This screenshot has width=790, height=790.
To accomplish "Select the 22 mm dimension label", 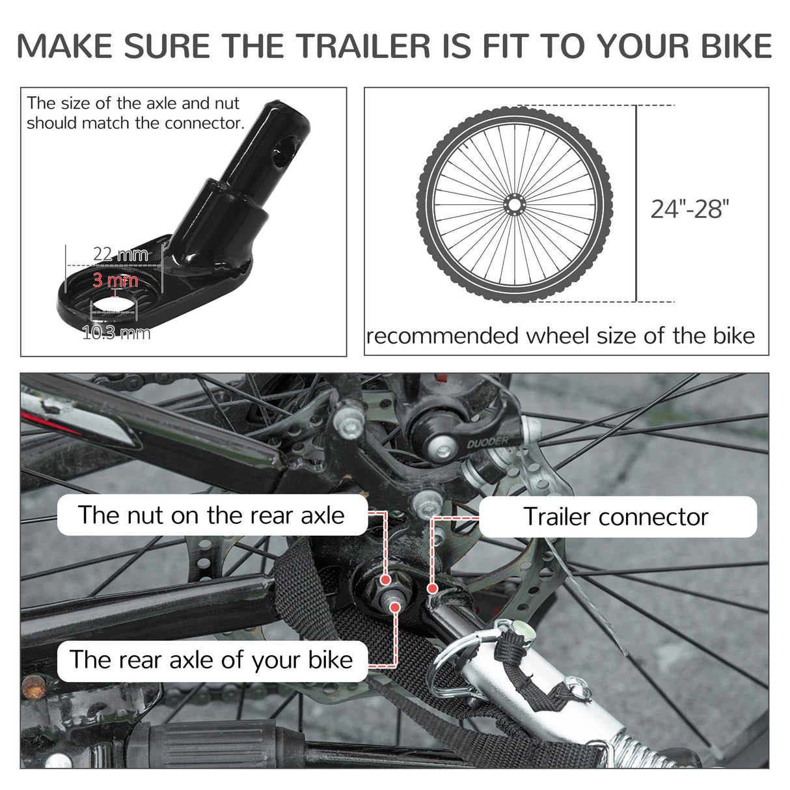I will pos(120,254).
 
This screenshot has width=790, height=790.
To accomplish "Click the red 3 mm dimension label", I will pos(115,280).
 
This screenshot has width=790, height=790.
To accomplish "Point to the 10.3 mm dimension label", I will pos(116,334).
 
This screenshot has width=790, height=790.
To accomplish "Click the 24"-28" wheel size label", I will pos(690,210).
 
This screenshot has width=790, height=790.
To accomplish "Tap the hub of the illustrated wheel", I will pos(514,204).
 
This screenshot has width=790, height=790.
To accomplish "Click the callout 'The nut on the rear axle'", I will pos(211,515).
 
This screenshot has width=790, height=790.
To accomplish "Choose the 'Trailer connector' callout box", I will pos(616,517).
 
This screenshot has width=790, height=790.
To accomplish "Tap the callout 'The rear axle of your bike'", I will pos(211,660).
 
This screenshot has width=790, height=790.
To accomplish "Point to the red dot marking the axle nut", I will pos(386,579).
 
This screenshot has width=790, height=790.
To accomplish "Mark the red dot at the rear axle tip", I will pos(394,606).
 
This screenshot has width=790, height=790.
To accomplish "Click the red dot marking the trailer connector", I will pos(431,588).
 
